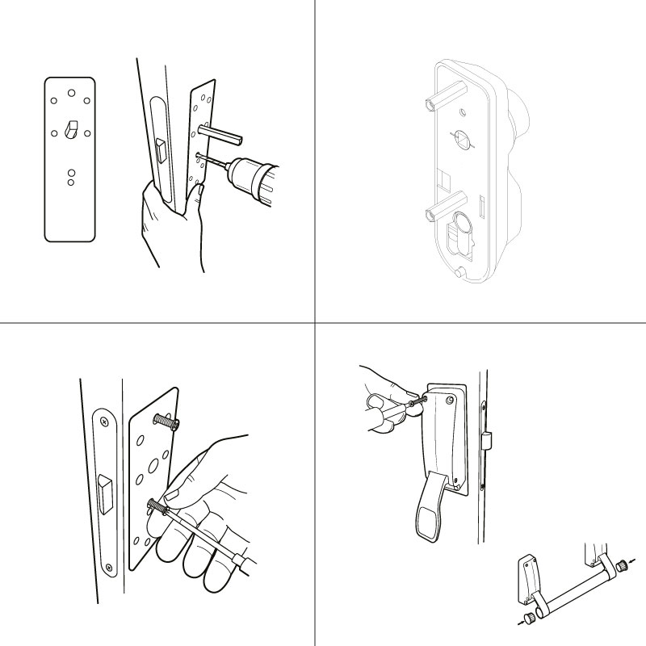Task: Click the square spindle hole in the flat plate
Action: tap(70, 128)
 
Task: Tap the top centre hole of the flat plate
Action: tap(70, 92)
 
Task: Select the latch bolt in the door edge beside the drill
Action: tap(159, 149)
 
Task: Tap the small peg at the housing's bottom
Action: tap(459, 275)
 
